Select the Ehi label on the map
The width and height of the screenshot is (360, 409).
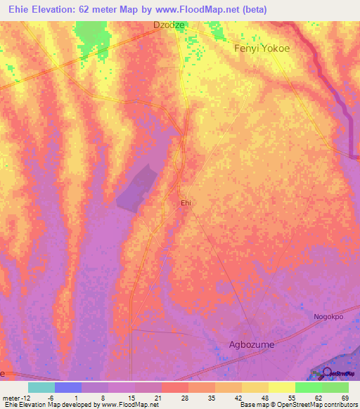point(186,202)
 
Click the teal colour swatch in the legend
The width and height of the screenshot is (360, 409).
point(41,387)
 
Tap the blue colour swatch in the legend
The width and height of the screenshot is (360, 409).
point(68,387)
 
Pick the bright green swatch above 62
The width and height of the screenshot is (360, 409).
point(309,387)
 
